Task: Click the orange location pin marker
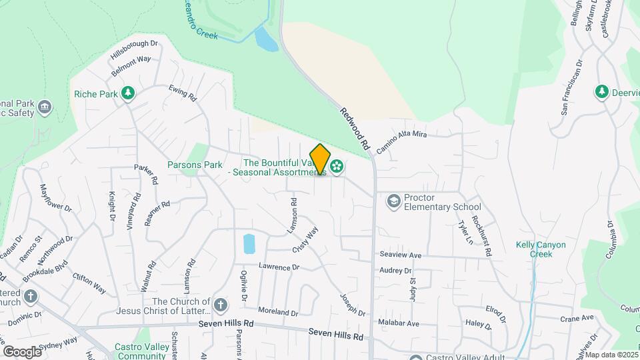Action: (x=320, y=159)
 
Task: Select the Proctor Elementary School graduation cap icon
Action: (x=393, y=201)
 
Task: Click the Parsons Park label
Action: (x=195, y=165)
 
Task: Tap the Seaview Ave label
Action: (x=400, y=255)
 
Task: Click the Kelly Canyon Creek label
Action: (x=541, y=249)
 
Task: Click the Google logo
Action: (x=22, y=351)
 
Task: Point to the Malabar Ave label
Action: (x=399, y=323)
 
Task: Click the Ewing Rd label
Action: (x=183, y=93)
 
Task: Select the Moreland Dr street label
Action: (x=278, y=312)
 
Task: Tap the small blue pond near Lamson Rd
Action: (x=249, y=243)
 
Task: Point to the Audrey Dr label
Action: (x=395, y=271)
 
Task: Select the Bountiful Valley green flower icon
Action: (x=337, y=166)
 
